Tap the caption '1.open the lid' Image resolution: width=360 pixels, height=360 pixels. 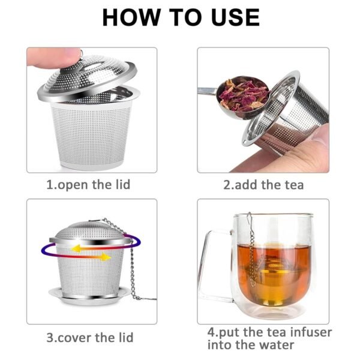[x=88, y=185]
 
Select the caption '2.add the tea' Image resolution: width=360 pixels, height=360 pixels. [x=263, y=185]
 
